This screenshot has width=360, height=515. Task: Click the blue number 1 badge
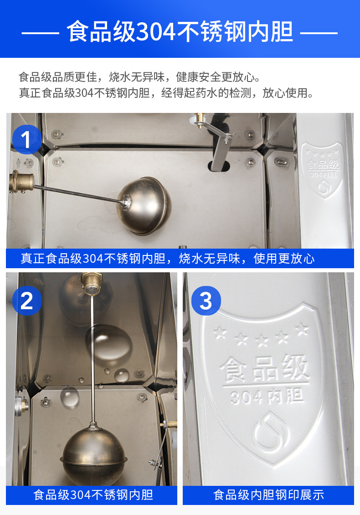(27, 140)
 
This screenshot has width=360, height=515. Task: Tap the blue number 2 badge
(27, 301)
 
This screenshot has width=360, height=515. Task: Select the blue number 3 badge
(206, 301)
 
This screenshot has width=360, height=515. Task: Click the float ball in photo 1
(144, 206)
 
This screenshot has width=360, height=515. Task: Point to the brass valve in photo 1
(21, 182)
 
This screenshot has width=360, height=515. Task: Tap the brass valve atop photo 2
(92, 283)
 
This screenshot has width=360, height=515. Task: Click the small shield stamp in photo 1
(322, 169)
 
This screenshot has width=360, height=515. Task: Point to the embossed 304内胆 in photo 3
(267, 396)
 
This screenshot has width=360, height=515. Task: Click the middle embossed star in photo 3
(262, 340)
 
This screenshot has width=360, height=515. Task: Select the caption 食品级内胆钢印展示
(268, 495)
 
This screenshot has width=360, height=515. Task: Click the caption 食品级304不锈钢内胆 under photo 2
(93, 495)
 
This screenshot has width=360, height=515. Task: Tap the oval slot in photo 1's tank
(219, 166)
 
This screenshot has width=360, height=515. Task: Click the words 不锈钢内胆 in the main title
(234, 32)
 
